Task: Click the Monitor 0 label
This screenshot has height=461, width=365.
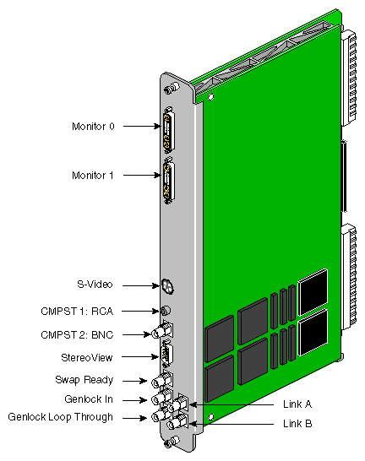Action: pos(93,127)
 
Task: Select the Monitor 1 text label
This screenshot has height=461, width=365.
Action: pos(93,176)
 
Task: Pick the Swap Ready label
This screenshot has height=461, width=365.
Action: pos(84,380)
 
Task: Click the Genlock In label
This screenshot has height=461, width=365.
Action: pos(89,399)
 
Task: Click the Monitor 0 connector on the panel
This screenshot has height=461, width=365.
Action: pos(167,133)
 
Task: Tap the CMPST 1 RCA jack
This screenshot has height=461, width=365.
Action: pos(165,310)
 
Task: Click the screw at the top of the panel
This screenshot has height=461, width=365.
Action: pos(172,86)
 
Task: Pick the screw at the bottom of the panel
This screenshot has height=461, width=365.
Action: pos(172,442)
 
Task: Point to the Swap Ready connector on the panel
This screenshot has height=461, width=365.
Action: pos(161,381)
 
